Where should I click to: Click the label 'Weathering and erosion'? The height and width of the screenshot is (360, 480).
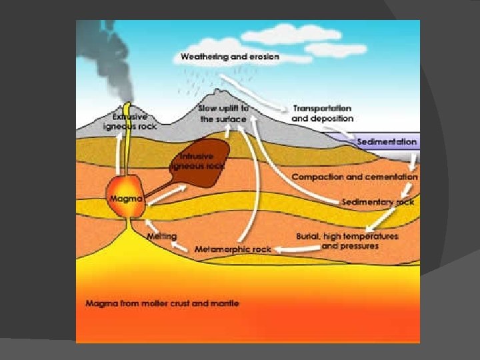tap(230, 57)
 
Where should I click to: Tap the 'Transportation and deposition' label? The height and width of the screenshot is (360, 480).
tap(322, 113)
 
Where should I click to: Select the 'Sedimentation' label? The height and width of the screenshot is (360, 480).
tap(387, 142)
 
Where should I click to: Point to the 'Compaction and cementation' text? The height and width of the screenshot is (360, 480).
tap(354, 177)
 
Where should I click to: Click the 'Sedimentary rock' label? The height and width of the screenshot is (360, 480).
tap(377, 201)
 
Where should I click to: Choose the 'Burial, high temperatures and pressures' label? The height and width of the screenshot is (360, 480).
tap(347, 241)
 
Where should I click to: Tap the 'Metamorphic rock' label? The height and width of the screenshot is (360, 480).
tap(233, 249)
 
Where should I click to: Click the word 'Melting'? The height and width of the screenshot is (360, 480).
tap(161, 236)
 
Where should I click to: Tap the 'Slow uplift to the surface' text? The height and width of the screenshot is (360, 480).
tap(223, 113)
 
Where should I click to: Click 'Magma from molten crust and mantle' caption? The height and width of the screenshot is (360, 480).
tap(162, 303)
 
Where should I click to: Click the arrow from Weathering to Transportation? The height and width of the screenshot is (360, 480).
tap(267, 97)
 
